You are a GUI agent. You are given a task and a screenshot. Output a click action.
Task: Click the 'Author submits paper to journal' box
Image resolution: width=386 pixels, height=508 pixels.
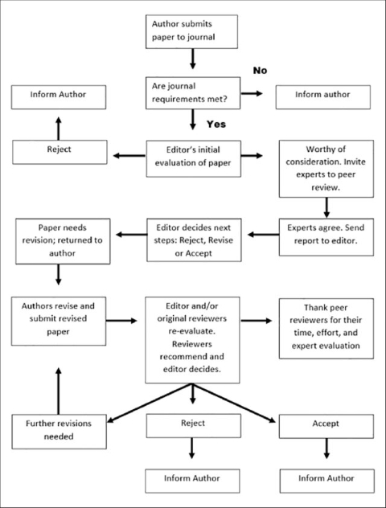coord(191,32)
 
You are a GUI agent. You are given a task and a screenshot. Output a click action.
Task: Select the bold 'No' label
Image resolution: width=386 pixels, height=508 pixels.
coord(260,70)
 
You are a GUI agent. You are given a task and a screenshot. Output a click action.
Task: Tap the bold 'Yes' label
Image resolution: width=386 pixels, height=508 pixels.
coord(216,124)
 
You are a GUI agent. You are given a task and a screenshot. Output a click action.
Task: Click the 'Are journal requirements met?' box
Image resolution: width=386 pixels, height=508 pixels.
coord(193,93)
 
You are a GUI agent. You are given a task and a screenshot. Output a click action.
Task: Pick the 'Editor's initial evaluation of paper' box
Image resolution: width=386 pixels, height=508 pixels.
coord(194,159)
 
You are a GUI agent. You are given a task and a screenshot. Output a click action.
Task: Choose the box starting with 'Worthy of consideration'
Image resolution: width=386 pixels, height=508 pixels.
coord(326,169)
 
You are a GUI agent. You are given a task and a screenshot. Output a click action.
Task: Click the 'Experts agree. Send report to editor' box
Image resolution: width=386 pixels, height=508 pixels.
coord(326,237)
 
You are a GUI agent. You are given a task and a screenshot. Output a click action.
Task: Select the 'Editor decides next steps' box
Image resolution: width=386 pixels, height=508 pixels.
coord(194,240)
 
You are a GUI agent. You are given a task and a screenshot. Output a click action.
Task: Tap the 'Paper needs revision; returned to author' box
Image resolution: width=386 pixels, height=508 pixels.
coord(63,241)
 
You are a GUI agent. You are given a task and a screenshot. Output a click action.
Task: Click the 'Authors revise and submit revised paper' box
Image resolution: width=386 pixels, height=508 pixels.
coord(59,321)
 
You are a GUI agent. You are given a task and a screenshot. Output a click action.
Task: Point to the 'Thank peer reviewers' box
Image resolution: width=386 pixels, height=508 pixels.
coord(326,329)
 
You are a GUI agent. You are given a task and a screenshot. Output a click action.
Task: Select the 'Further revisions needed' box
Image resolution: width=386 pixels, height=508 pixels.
coord(59,432)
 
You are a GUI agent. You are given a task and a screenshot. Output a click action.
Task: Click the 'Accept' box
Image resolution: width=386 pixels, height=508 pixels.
coord(326,426)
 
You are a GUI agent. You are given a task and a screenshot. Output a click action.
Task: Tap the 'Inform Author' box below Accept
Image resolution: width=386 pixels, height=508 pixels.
coord(327,481)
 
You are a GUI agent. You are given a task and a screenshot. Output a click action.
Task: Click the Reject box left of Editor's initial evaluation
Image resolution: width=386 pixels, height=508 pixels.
coord(60,152)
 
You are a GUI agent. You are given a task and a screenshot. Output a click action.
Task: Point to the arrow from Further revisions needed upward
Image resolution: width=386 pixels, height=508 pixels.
coord(59,391)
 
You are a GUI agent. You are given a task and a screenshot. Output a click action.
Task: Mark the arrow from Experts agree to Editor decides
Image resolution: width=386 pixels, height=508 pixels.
coord(264,234)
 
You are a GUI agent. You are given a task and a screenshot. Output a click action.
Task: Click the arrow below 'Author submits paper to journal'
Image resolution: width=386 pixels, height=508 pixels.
coord(193,59)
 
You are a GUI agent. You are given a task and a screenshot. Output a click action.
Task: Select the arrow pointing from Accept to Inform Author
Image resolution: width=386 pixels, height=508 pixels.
coord(326,449)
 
